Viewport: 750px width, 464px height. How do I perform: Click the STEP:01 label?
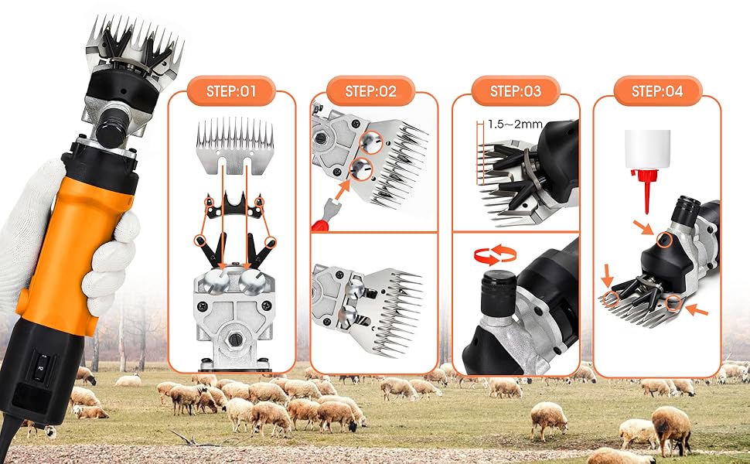click(x=230, y=91)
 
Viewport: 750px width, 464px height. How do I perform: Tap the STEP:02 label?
click(x=372, y=91)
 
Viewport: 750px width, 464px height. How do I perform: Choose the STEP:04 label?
click(x=657, y=91)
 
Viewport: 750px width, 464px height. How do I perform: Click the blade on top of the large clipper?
click(x=135, y=43)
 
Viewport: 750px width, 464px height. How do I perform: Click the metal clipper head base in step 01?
click(x=231, y=317)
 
